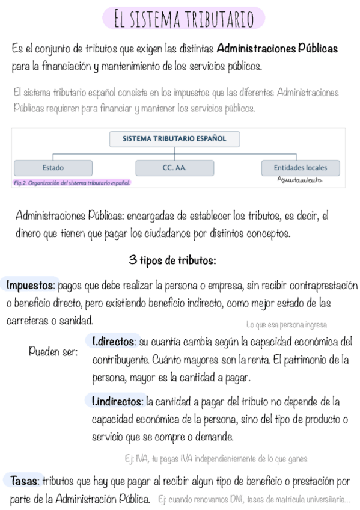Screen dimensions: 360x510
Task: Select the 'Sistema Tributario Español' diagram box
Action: coord(174,138)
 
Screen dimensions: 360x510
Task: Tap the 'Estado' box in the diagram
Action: coord(53,167)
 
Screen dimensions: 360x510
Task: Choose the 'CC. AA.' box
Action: coord(174,167)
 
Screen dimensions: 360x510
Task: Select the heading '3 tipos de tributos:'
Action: coord(172,260)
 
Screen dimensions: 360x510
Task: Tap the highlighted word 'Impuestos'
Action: coord(31,284)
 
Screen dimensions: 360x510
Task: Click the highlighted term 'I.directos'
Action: coord(114,342)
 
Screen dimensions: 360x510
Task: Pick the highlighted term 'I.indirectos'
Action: coord(118,401)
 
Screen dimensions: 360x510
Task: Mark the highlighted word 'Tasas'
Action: coord(26,481)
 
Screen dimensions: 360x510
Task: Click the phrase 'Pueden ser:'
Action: coord(53,352)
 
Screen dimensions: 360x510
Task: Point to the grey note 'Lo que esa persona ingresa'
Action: coord(287,325)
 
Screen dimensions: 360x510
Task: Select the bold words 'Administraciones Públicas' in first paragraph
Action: coord(277,48)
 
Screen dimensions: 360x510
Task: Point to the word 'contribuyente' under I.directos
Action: coord(120,361)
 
